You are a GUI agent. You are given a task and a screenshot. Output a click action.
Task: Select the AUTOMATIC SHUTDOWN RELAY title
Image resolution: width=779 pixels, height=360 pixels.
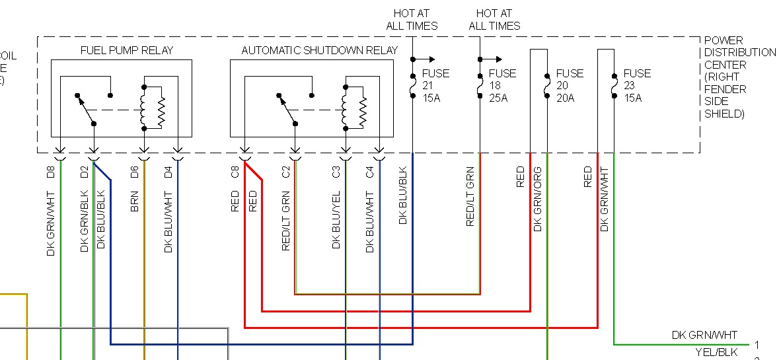coord(319,50)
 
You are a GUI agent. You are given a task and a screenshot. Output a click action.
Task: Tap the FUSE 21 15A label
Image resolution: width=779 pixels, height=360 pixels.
coord(435,85)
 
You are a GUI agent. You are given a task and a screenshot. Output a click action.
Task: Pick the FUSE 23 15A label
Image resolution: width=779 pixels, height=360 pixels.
coord(637,85)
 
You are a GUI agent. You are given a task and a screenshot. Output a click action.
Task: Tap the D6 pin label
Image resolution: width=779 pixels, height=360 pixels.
coord(134,173)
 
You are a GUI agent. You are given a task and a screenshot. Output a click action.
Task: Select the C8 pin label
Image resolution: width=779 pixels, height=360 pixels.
coord(235,173)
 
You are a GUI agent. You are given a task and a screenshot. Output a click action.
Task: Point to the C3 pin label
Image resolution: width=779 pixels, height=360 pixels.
coord(336,173)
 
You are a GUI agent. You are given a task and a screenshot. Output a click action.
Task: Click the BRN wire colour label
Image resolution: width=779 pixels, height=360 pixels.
coord(134,201)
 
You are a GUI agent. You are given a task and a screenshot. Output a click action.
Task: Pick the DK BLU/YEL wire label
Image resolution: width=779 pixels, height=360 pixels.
coord(336,221)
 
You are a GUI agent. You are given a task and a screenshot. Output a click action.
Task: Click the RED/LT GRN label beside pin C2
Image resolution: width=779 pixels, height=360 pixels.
coord(286,221)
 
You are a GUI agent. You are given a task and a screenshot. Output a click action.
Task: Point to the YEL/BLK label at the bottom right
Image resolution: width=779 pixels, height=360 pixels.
coord(718,352)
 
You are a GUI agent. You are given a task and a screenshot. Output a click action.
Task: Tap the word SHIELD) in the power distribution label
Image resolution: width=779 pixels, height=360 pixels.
coord(724,114)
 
